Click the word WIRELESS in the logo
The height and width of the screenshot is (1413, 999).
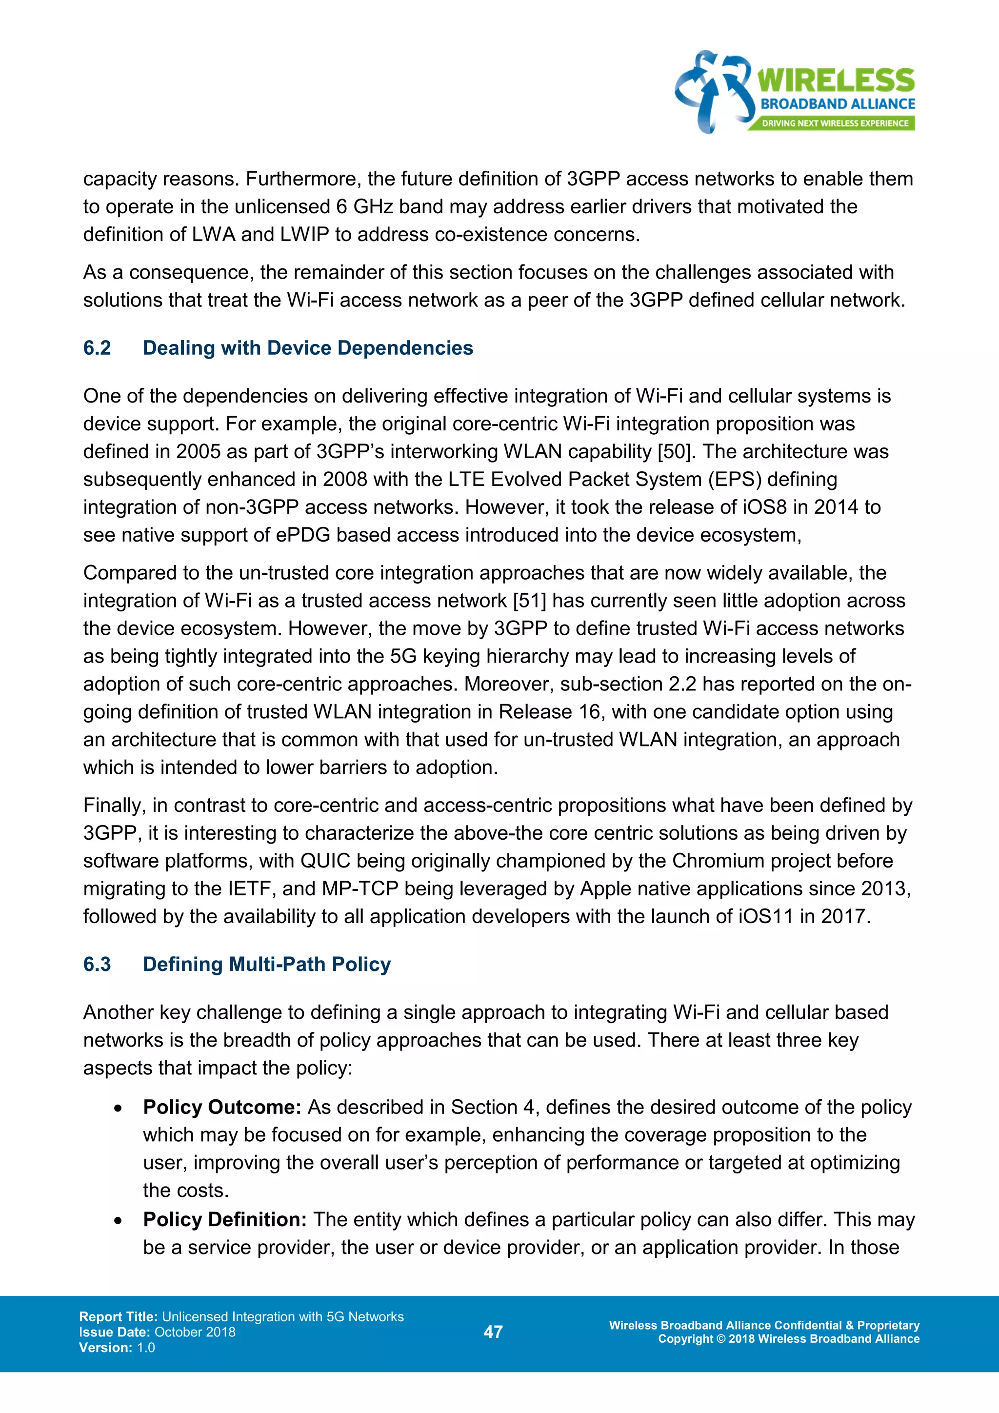coord(836,81)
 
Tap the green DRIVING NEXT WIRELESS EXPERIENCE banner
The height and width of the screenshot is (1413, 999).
coord(834,123)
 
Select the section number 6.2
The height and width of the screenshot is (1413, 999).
coord(97,348)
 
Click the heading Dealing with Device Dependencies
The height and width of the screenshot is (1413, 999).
coord(308,348)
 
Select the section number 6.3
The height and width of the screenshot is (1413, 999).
coord(97,964)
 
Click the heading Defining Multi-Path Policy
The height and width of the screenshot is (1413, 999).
coord(266,964)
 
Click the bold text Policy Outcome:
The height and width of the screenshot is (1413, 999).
coord(222,1107)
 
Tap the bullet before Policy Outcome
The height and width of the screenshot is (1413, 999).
coord(118,1109)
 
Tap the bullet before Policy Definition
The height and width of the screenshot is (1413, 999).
coord(118,1220)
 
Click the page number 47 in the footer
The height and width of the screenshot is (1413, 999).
coord(493,1332)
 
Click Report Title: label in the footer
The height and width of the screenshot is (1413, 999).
coord(118,1316)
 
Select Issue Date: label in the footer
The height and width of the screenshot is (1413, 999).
coord(115,1332)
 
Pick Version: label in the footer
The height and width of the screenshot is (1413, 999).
coord(105,1347)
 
